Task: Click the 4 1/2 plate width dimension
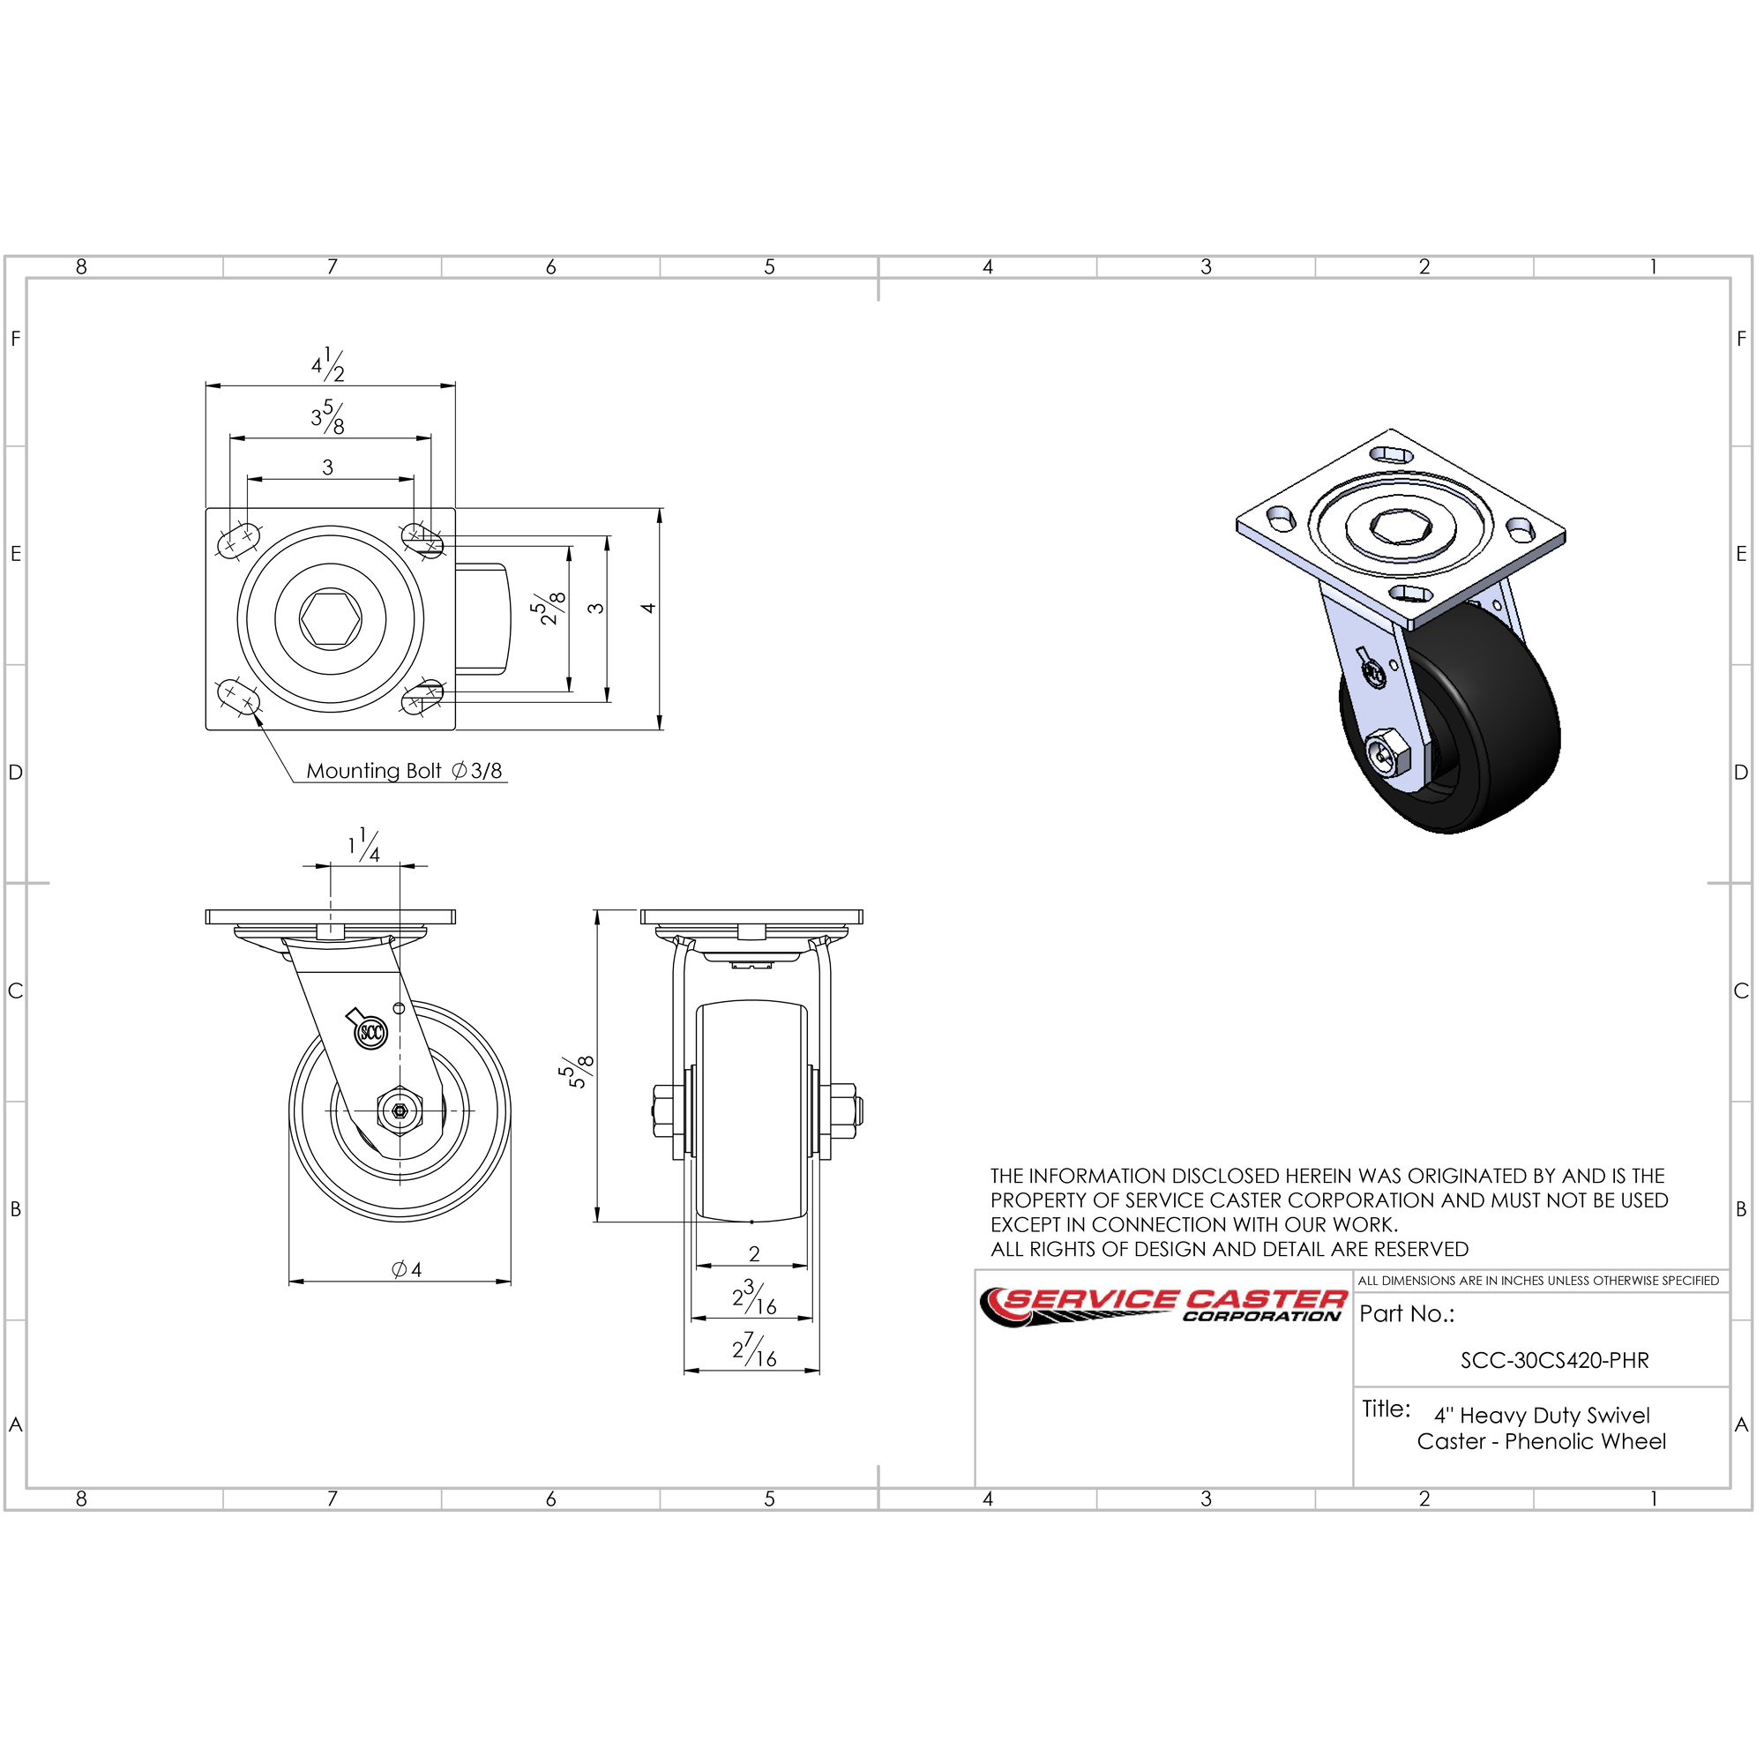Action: [328, 364]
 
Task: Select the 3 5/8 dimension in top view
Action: [328, 417]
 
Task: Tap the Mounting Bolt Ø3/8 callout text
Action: [404, 771]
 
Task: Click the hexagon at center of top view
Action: [330, 619]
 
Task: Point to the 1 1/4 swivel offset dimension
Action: [363, 845]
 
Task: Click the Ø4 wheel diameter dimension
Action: [407, 1269]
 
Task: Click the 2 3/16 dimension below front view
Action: [754, 1297]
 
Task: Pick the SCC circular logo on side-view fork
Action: [371, 1033]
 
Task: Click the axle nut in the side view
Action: [399, 1111]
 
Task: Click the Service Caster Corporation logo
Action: [1162, 1306]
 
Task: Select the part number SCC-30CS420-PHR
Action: [1554, 1360]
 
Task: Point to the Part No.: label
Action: [1406, 1314]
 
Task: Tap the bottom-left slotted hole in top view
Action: [239, 696]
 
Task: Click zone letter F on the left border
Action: [16, 339]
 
